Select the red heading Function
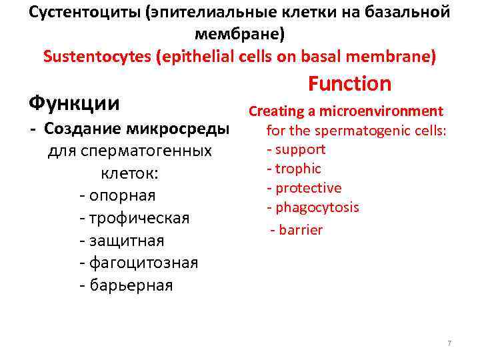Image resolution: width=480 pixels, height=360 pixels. tap(349, 84)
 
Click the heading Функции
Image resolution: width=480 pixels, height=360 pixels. tap(74, 104)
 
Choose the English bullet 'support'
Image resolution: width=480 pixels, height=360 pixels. tap(299, 149)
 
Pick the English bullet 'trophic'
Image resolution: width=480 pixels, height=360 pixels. tap(297, 169)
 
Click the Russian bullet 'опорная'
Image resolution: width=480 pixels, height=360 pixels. tap(121, 196)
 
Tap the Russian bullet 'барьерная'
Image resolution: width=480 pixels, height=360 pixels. tap(129, 285)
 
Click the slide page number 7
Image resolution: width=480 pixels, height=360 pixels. tap(449, 343)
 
